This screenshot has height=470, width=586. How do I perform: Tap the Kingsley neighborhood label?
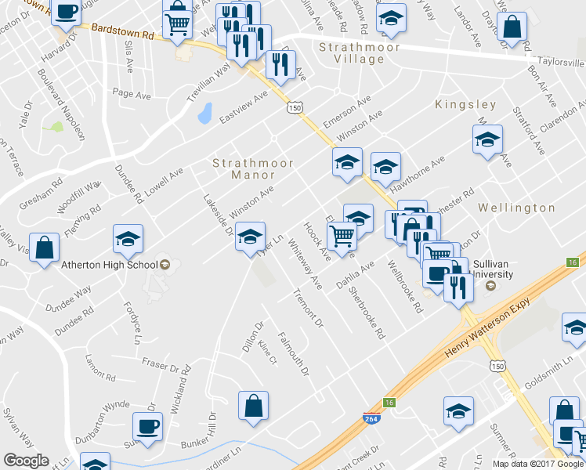click(x=465, y=104)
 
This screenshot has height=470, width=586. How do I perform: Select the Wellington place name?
click(x=516, y=208)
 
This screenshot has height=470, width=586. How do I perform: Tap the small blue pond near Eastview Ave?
click(x=204, y=114)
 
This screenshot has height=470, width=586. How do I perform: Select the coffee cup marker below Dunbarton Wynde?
click(x=147, y=426)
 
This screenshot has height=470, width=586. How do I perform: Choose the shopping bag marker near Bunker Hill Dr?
click(x=253, y=407)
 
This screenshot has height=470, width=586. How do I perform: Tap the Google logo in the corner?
click(x=26, y=461)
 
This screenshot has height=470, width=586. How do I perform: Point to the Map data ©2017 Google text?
click(x=537, y=464)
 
